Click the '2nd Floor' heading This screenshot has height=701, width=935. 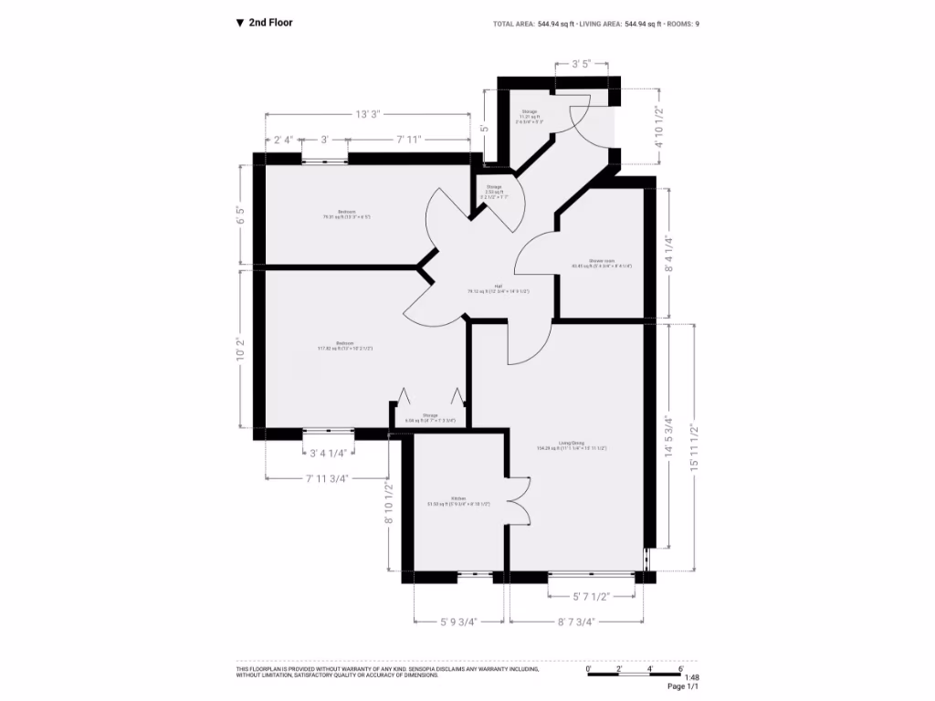coord(270,23)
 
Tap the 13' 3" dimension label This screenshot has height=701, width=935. coord(368,114)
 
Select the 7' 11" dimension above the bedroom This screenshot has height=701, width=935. coord(408,140)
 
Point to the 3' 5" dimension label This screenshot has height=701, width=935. coord(583,65)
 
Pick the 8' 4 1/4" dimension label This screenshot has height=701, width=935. coord(669,255)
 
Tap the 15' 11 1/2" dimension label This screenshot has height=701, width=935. coord(695,447)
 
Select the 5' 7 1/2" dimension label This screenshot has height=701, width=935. coord(591,596)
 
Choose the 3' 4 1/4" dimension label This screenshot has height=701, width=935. coord(329,453)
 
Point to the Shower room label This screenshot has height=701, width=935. coord(602,263)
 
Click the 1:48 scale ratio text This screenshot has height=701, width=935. coord(691,677)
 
